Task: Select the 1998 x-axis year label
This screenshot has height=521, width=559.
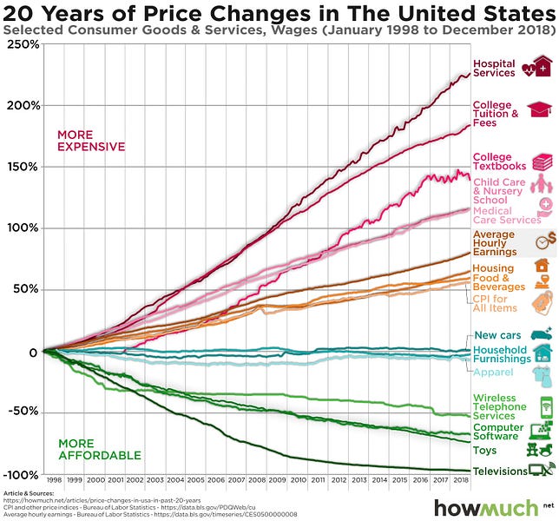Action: (x=54, y=479)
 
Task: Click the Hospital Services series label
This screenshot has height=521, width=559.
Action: (x=493, y=69)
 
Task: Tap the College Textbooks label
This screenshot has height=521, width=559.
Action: (x=499, y=162)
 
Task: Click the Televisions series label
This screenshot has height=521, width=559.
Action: (x=499, y=472)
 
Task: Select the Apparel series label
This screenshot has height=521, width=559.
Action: (x=493, y=373)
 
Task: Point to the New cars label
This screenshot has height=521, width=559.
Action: (x=497, y=336)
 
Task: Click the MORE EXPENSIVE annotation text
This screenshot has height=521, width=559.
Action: (x=91, y=141)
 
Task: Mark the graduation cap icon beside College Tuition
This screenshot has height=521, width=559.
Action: (x=541, y=111)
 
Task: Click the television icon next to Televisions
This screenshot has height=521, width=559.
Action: (x=541, y=471)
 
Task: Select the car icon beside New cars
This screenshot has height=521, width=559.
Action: (x=542, y=335)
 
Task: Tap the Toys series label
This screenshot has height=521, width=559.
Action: (x=484, y=451)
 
